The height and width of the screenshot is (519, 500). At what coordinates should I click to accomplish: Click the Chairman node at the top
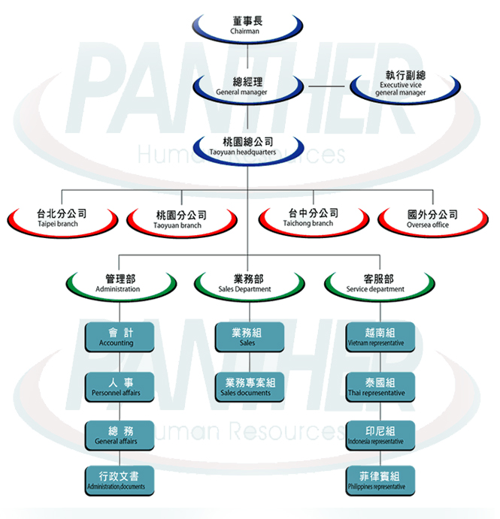[x=247, y=26]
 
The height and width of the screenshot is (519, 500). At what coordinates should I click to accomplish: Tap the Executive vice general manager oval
[x=405, y=86]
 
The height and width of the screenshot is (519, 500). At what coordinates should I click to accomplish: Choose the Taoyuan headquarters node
[x=248, y=148]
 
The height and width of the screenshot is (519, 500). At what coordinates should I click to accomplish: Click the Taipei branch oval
[x=62, y=220]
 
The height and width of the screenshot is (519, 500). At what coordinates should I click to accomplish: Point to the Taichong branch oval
[x=314, y=220]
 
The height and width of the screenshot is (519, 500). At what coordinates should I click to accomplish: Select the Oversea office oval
[x=433, y=220]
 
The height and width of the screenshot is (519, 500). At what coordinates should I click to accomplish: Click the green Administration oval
[x=121, y=285]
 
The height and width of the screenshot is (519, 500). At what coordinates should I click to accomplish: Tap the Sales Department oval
[x=249, y=285]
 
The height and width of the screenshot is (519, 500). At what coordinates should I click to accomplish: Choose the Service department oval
[x=380, y=285]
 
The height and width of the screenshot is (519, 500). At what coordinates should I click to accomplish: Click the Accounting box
[x=120, y=337]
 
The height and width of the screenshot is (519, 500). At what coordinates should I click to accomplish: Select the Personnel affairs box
[x=120, y=388]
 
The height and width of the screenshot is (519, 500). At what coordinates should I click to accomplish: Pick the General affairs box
[x=120, y=436]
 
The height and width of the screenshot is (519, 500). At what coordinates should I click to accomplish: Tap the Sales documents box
[x=250, y=388]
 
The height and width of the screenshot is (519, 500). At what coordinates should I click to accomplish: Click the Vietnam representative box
[x=380, y=337]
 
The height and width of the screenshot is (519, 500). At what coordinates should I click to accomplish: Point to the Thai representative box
[x=380, y=388]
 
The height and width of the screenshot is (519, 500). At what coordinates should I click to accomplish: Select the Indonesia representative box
[x=380, y=436]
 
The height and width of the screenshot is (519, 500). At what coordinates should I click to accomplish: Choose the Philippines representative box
[x=380, y=481]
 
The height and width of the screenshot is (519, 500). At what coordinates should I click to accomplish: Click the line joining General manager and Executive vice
[x=326, y=86]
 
